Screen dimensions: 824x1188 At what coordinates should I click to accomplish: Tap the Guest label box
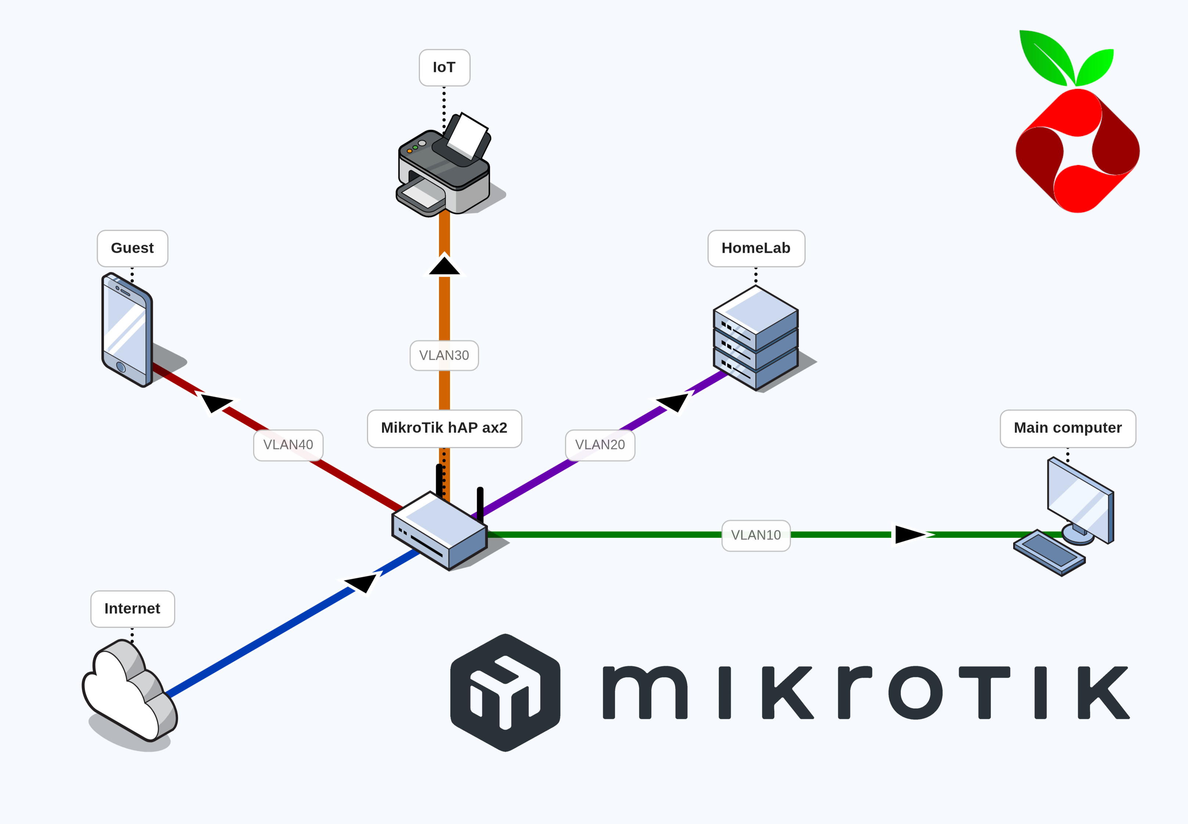tap(133, 248)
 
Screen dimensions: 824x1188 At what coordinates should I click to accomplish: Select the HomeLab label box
tap(756, 248)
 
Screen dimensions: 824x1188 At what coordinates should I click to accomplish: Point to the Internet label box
tap(133, 609)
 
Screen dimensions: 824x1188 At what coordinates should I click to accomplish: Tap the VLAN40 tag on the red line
tap(288, 445)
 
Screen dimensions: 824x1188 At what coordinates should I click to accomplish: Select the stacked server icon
tap(756, 338)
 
